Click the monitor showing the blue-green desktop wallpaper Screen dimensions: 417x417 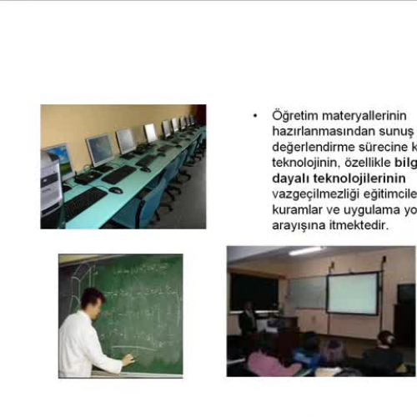pyautogui.click(x=58, y=158)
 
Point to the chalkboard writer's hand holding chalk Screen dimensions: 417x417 pyautogui.click(x=128, y=359)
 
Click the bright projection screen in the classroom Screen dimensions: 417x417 pyautogui.click(x=352, y=294)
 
